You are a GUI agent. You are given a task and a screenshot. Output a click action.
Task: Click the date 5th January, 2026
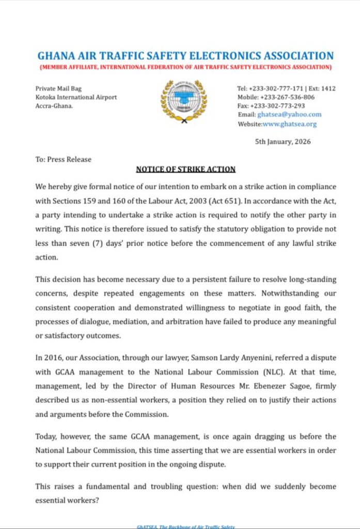click(283, 142)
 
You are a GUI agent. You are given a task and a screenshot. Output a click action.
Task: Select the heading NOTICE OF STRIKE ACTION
click(186, 169)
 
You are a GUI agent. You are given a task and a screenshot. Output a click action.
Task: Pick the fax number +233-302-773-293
click(280, 106)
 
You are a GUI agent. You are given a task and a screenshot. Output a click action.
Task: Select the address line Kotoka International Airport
click(76, 97)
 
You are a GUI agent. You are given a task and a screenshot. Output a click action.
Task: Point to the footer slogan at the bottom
click(185, 526)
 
